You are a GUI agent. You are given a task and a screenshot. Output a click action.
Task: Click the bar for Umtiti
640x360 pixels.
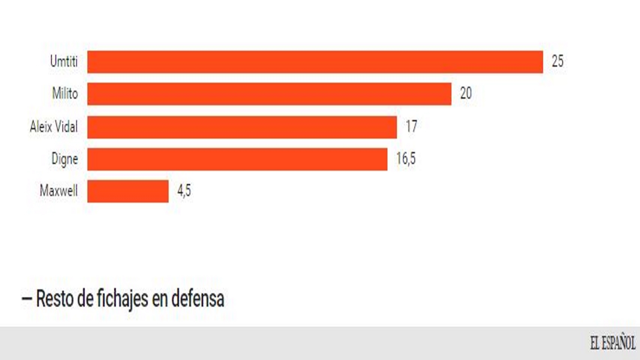[x=315, y=62]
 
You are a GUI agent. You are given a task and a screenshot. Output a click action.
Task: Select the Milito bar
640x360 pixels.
[x=269, y=94]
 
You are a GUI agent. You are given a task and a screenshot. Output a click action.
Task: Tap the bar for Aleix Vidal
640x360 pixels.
[x=242, y=127]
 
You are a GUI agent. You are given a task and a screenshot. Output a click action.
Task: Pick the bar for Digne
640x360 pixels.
[x=237, y=159]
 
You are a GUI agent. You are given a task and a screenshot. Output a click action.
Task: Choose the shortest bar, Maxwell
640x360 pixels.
[x=128, y=191]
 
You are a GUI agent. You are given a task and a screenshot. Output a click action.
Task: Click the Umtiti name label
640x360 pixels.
[x=64, y=61]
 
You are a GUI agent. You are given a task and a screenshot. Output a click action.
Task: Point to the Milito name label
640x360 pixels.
[x=65, y=93]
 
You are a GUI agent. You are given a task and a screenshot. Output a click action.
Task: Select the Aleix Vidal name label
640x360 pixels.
[x=54, y=127]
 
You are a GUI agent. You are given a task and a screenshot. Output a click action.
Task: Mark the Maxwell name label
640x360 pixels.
[x=59, y=191]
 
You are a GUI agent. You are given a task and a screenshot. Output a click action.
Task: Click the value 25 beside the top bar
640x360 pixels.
[x=557, y=61]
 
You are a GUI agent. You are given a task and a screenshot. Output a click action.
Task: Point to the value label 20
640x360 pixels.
[x=466, y=93]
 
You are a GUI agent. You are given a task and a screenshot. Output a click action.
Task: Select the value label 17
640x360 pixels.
[x=411, y=127]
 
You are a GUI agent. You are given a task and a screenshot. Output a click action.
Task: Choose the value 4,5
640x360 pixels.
[x=184, y=191]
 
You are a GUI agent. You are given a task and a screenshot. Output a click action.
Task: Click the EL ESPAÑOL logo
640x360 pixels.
[x=613, y=343]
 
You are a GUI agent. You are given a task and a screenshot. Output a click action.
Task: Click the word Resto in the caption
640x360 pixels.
[x=55, y=299]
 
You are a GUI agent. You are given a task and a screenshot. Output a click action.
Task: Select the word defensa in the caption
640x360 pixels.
[x=198, y=299]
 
